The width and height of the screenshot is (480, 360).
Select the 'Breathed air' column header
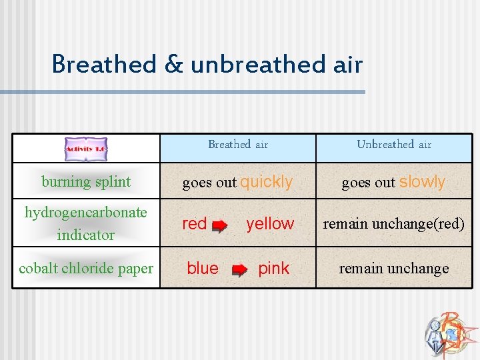point(238,145)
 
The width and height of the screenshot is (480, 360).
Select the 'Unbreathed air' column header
point(394,145)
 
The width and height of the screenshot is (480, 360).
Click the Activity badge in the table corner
point(86,149)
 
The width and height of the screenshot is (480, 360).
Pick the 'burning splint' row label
point(86,181)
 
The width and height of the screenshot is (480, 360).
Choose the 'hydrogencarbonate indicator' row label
point(86,223)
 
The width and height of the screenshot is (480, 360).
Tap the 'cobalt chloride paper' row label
point(86,268)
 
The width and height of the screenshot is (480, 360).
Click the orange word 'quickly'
point(267,182)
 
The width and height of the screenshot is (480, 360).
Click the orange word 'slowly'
point(423,182)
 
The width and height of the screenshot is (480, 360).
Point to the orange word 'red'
point(195,224)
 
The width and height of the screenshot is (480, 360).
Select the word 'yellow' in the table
point(270,224)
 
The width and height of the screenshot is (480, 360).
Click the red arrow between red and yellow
point(219,226)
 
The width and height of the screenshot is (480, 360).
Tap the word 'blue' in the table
point(203,269)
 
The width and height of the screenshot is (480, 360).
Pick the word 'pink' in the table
point(274,269)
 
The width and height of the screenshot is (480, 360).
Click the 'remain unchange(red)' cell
point(394,224)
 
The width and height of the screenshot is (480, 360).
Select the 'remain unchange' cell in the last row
point(394,269)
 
